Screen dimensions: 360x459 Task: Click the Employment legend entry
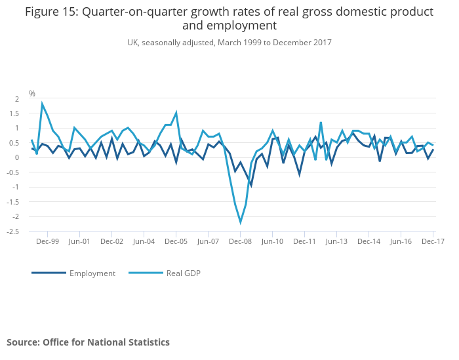point(92,273)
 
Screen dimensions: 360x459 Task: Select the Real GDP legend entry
point(183,273)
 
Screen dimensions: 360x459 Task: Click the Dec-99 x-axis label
point(47,241)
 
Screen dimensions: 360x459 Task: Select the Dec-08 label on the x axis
point(240,241)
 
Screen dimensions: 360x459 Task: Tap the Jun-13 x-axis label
point(336,241)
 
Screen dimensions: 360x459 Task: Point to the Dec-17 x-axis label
point(433,241)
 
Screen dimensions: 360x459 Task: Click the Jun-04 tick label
point(144,241)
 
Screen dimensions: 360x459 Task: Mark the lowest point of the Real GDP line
point(241,223)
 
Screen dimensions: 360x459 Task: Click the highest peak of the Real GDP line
point(43,103)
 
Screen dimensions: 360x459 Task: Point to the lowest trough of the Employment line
point(251,186)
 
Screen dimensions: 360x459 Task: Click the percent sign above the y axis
point(32,94)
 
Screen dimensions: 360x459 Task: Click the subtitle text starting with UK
point(229,43)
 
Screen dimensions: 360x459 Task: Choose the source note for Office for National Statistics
point(88,342)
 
